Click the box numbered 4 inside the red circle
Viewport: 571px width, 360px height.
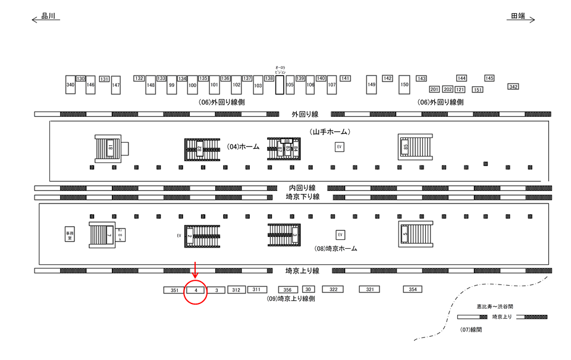pos(196,290)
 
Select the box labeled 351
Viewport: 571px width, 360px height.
pos(174,290)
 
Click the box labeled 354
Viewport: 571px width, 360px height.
pos(412,289)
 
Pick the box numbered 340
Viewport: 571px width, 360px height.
pos(70,85)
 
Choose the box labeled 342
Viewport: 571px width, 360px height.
pos(513,87)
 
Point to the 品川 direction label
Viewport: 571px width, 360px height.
pos(48,17)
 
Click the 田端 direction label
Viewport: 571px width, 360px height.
pos(518,17)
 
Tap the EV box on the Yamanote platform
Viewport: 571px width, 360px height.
pos(340,147)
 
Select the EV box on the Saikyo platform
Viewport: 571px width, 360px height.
pos(340,235)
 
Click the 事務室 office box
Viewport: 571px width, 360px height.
pos(70,235)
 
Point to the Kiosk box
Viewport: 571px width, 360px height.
pos(120,235)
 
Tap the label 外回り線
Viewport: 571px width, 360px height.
pos(305,114)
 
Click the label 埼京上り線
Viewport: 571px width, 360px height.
pos(302,271)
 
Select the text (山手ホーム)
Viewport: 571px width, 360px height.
pos(329,131)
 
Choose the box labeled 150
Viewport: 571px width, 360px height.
pos(404,85)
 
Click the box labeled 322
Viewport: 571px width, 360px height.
pos(334,289)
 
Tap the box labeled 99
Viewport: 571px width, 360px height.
pos(171,85)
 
